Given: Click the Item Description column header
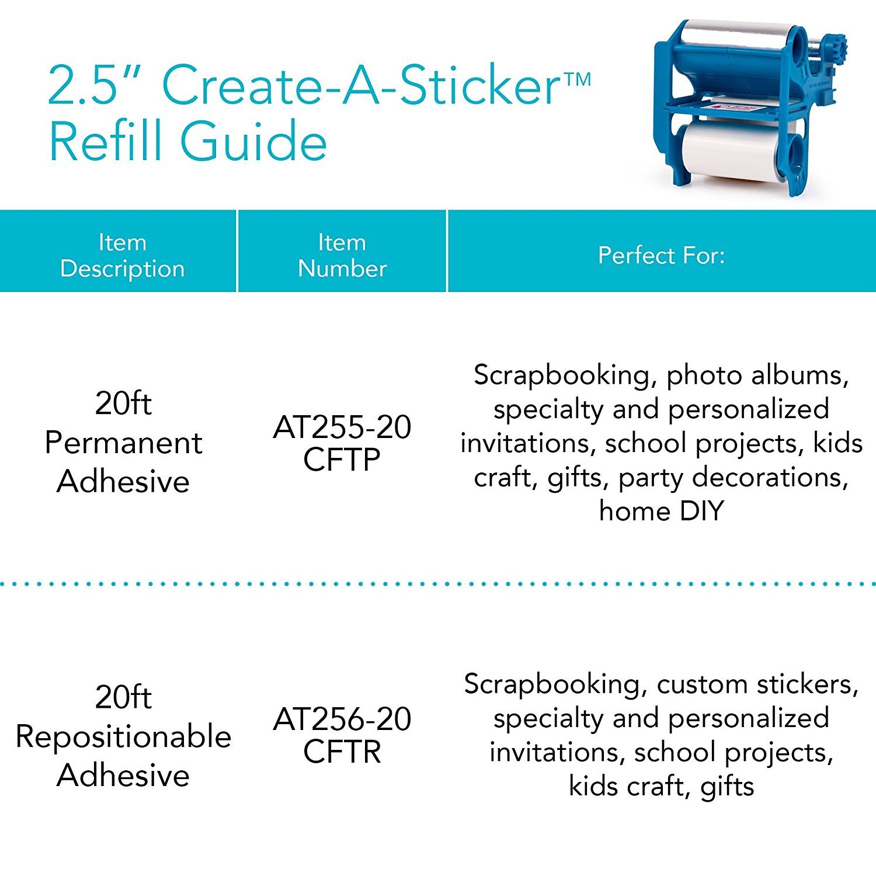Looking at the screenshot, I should coord(122,255).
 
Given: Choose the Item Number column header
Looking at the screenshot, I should coord(342,255).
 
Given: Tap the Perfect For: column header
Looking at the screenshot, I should coord(661,255).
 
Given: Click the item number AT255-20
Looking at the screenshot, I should coord(342,427).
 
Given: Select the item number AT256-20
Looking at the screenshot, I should coord(342,719).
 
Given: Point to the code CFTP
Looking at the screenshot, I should coord(342,460).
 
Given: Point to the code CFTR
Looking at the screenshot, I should coord(342,752).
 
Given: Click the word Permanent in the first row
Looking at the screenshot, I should coord(123,443).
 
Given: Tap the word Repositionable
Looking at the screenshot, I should coord(123,736).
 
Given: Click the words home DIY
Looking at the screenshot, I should coord(661,511).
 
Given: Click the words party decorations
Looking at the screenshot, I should coord(733,477).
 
